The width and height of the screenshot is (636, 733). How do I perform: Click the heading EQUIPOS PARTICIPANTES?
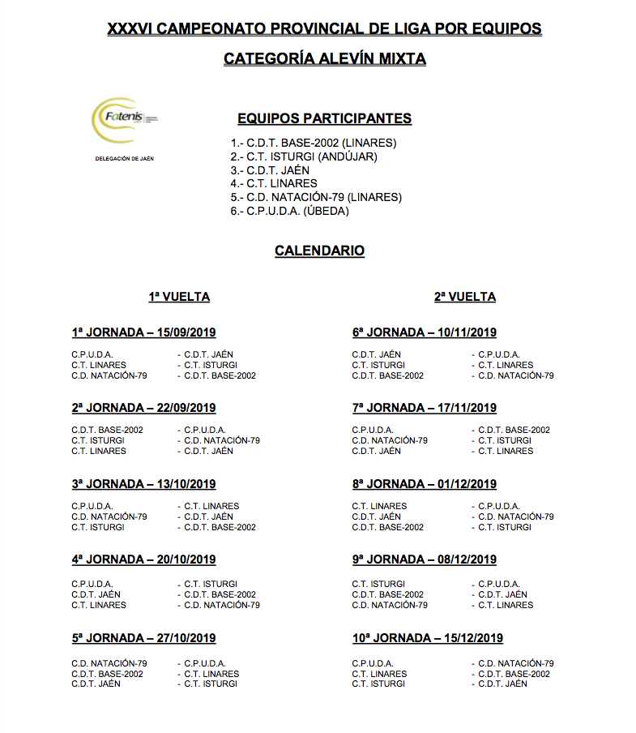coord(324,118)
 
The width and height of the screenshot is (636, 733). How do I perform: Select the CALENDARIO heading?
coord(319,251)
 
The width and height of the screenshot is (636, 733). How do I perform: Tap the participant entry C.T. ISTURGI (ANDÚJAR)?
coord(304,156)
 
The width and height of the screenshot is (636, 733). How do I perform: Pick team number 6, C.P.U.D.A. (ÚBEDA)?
coord(289,211)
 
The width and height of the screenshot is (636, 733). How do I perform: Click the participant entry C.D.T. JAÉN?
coord(270,170)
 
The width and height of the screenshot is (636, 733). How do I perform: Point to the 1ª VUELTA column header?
coord(179,297)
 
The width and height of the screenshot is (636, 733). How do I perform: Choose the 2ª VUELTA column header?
coord(465,297)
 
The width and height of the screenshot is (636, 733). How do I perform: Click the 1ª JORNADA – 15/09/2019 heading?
coord(143,332)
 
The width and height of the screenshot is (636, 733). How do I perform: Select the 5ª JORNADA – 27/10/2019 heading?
coord(143,638)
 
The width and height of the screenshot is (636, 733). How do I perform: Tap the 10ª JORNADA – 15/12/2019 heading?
coord(428,638)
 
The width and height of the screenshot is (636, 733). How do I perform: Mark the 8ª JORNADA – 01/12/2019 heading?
coord(425,484)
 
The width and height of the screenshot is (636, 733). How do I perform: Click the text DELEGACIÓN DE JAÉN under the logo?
coord(125,159)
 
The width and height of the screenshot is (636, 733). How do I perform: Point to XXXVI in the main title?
coord(129,29)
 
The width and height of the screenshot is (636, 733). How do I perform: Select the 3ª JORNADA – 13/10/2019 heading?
coord(143,484)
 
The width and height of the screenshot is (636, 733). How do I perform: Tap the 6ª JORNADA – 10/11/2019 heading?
coord(425,332)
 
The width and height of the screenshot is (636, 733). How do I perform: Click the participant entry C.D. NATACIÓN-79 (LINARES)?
coord(316,197)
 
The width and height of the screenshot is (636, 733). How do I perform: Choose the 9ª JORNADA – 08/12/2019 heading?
coord(425,559)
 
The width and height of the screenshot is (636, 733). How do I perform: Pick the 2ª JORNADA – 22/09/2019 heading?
coord(143,408)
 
